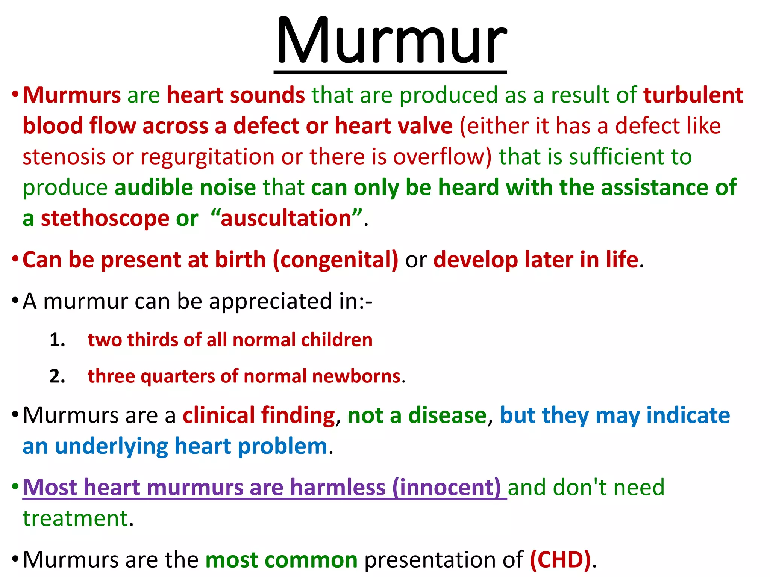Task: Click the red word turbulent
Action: coord(693,95)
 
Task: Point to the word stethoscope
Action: coord(105,219)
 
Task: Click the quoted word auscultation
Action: coord(286,219)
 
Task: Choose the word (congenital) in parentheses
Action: coord(335,260)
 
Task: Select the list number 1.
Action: coord(57,340)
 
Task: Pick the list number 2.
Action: coord(57,376)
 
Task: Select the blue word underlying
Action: coord(111,447)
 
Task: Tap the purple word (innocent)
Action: coord(446,488)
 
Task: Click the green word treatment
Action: coord(75,519)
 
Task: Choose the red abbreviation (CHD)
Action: coord(560,560)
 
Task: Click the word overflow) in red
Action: coord(442,157)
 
